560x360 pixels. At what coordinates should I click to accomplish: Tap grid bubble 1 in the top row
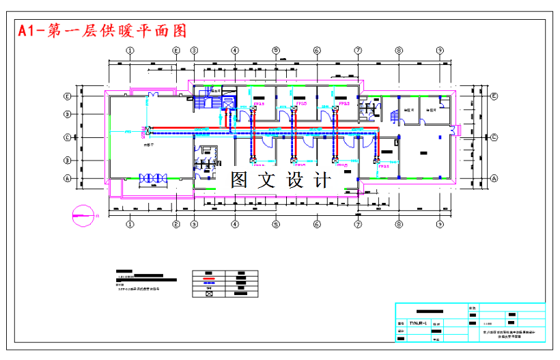pyautogui.click(x=130, y=51)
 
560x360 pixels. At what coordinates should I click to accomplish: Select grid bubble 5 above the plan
pyautogui.click(x=276, y=51)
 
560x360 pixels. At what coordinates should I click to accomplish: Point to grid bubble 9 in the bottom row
pyautogui.click(x=440, y=223)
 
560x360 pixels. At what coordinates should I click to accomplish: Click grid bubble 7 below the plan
pyautogui.click(x=358, y=223)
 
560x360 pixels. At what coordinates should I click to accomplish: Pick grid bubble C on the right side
pyautogui.click(x=493, y=137)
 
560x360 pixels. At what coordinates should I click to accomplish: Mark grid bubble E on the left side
pyautogui.click(x=68, y=96)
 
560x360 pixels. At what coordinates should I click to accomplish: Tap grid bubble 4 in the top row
pyautogui.click(x=235, y=51)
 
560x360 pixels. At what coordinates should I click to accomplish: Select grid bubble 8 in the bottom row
pyautogui.click(x=399, y=223)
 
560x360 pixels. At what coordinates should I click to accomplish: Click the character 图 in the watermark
pyautogui.click(x=239, y=180)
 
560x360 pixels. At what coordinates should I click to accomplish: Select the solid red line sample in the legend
pyautogui.click(x=209, y=279)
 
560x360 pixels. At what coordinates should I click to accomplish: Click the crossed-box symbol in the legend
pyautogui.click(x=209, y=294)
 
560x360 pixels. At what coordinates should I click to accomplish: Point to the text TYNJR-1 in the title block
pyautogui.click(x=418, y=322)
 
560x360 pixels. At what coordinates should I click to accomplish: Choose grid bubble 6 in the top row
pyautogui.click(x=317, y=51)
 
